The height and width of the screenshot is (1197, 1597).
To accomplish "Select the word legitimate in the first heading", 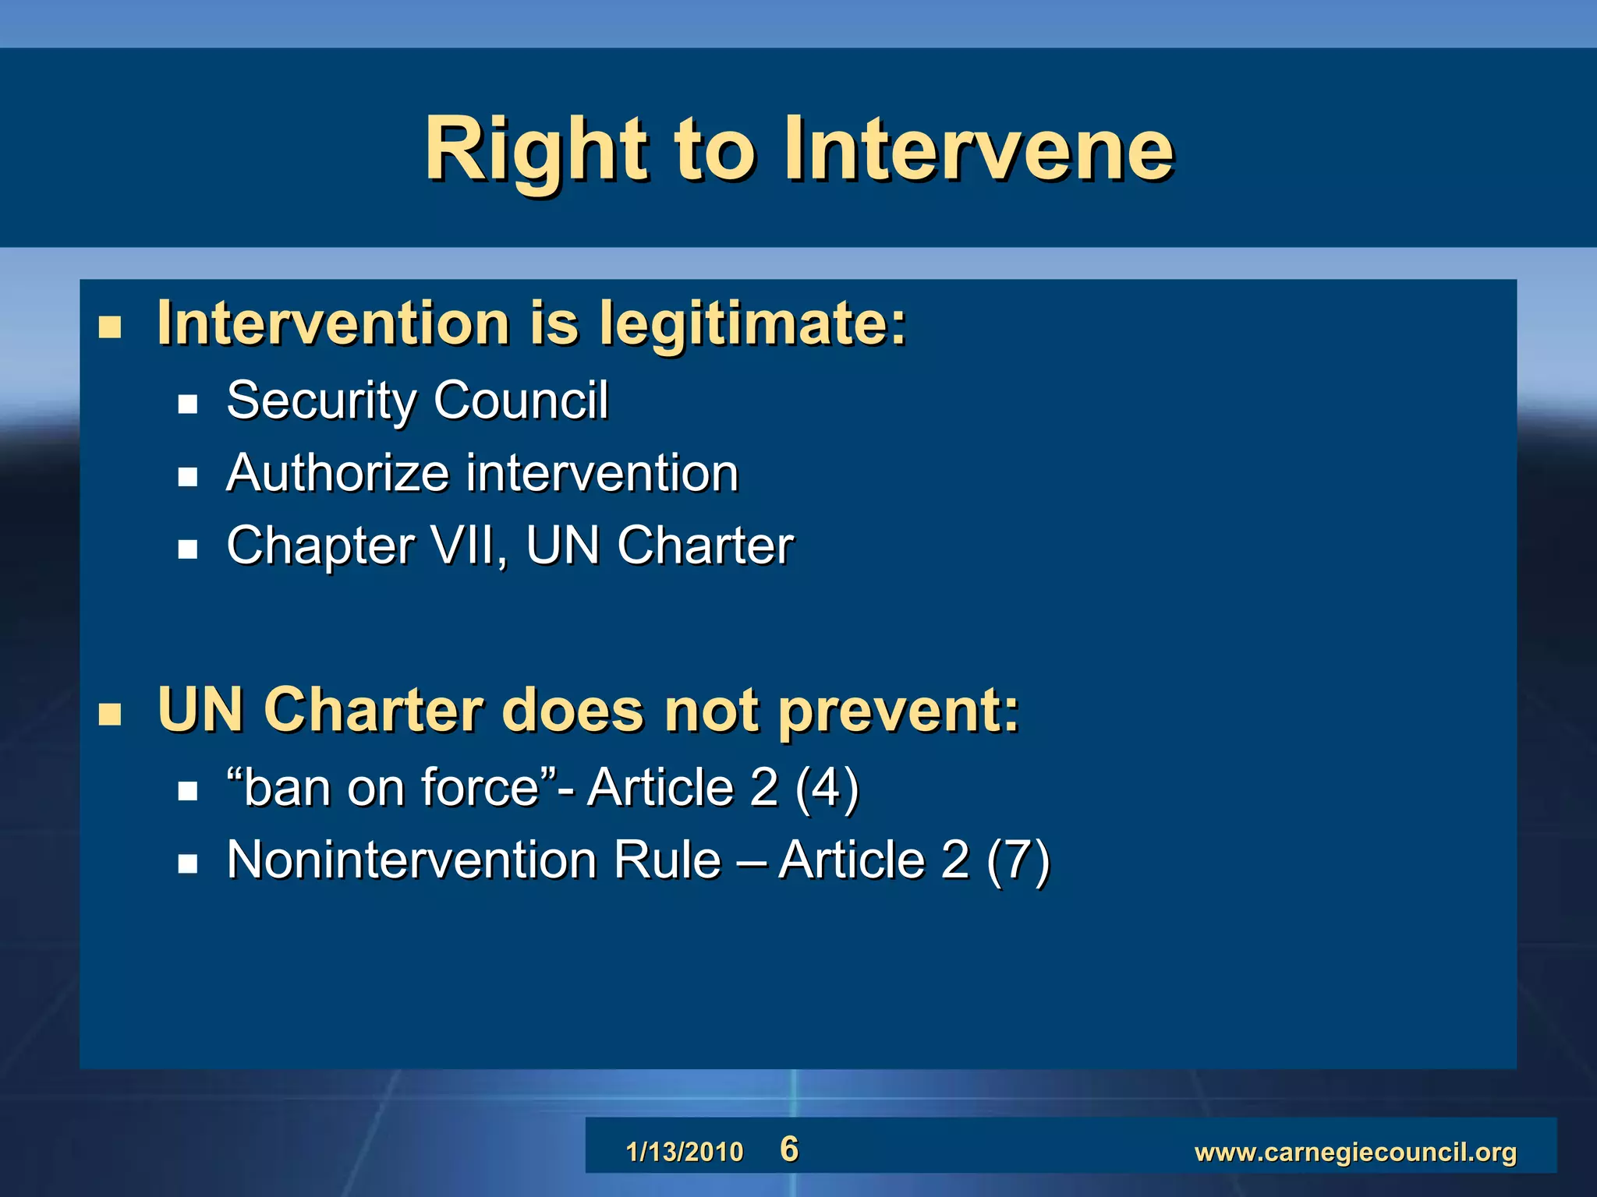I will coord(752,324).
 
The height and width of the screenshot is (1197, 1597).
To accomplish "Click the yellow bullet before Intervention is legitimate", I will coord(110,327).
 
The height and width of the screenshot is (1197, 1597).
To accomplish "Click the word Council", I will coord(520,401).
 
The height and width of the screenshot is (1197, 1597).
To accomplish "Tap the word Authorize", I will coord(338,473).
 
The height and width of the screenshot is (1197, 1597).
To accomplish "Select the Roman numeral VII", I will coord(466,545).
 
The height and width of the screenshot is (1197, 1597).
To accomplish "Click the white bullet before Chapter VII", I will coord(187,549).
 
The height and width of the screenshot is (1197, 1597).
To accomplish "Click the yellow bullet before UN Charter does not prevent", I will coord(110,714).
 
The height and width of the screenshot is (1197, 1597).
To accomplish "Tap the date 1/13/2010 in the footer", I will coord(685,1152).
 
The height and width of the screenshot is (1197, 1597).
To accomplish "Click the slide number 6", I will coord(789,1149).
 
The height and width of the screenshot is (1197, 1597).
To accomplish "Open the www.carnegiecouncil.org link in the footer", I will coord(1355,1152).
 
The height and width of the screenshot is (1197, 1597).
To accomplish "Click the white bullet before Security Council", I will coord(187,404).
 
